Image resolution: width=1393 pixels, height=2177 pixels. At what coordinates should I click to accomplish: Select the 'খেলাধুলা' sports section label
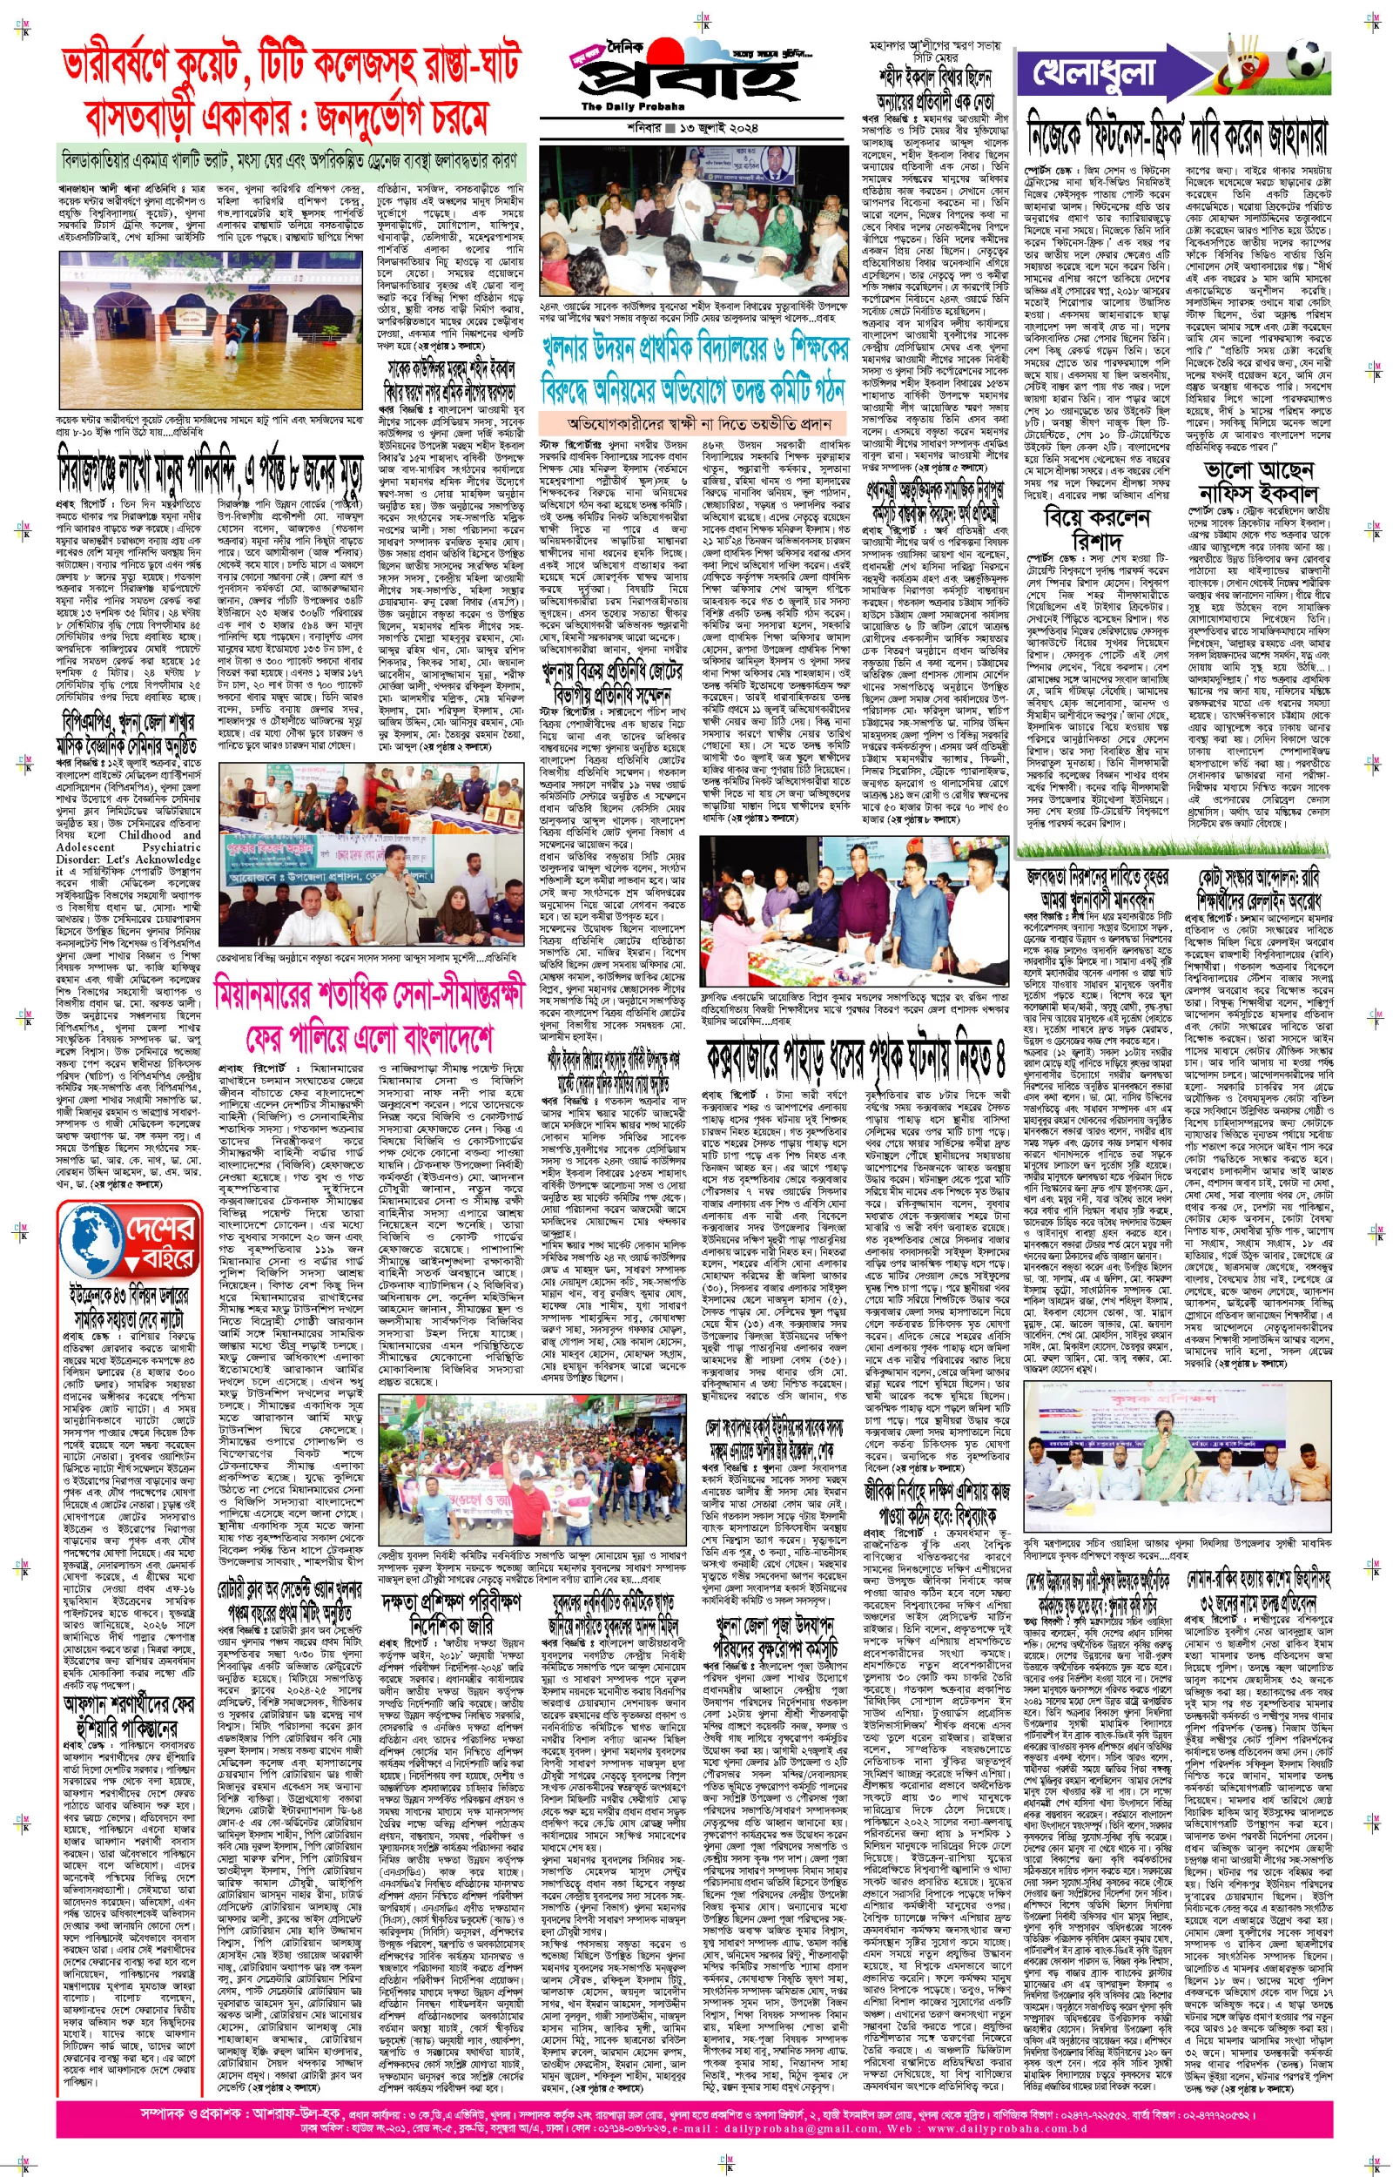click(1098, 72)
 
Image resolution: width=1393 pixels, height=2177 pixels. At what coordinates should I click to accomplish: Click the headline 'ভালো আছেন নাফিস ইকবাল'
click(1257, 482)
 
